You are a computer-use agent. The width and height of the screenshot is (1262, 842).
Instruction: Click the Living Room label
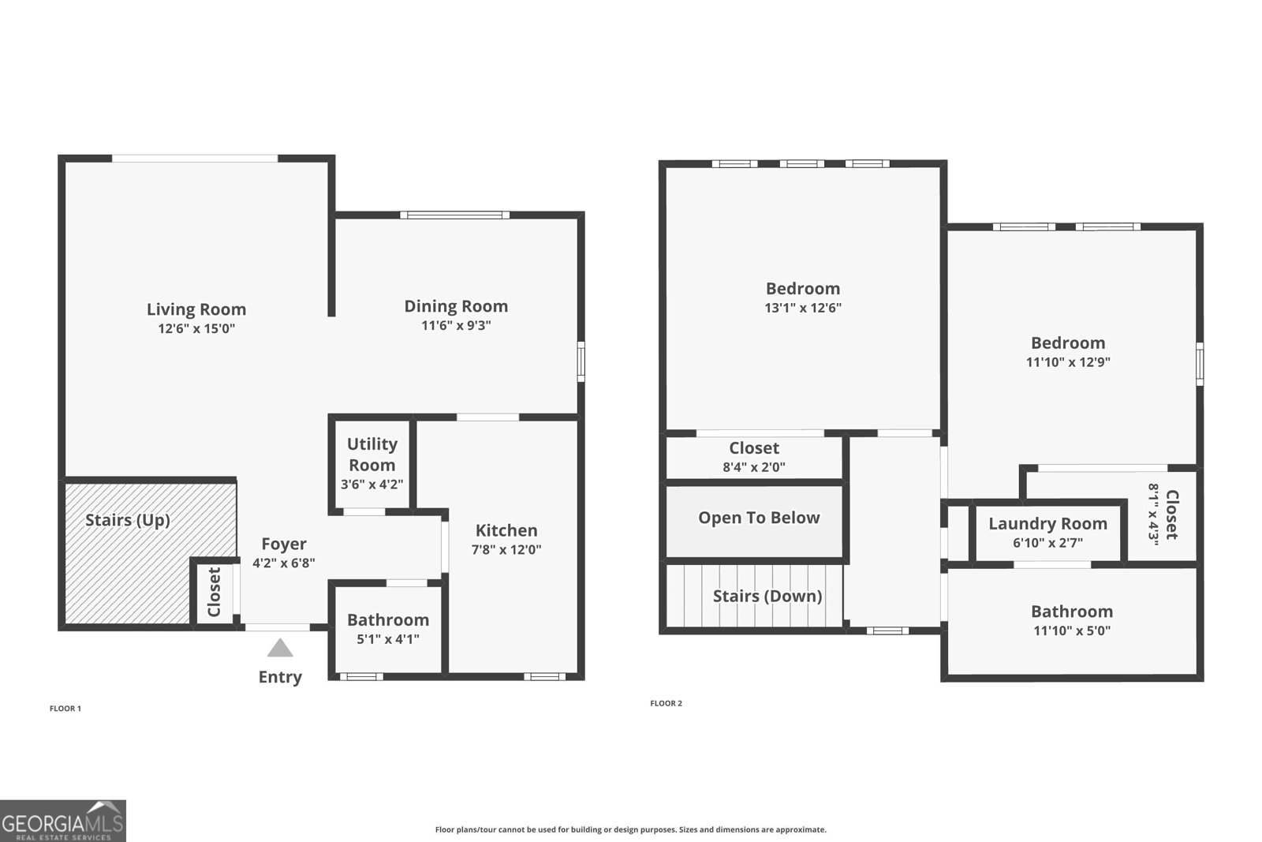[196, 309]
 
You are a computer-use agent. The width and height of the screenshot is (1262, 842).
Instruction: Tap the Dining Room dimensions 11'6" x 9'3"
[456, 325]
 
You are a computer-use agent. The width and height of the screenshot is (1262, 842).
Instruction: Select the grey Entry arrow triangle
[280, 649]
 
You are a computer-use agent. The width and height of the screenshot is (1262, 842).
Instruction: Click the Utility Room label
[372, 455]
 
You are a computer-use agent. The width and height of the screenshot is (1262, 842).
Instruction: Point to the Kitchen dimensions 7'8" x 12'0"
[506, 550]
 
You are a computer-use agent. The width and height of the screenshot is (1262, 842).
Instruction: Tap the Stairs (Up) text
[128, 520]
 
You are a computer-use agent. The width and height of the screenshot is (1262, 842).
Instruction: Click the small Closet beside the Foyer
[214, 593]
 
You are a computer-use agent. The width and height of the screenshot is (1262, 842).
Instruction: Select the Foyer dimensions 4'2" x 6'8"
[284, 563]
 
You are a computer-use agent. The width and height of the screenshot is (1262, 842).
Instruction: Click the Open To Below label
[759, 518]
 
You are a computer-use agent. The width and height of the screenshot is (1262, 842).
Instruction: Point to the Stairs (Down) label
[767, 596]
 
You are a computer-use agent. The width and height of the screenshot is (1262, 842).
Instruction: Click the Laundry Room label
[1047, 524]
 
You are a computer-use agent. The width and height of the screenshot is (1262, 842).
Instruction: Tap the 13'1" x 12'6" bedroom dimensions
[803, 308]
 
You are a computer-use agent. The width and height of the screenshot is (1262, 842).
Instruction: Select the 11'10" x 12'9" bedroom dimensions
[1068, 362]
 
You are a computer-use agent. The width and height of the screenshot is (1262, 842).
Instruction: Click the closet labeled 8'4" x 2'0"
[754, 457]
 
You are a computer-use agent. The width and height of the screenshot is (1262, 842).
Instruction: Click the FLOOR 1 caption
[65, 709]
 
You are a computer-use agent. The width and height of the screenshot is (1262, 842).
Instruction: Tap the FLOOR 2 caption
[666, 703]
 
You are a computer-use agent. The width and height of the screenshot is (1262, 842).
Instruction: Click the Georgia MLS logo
[62, 821]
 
